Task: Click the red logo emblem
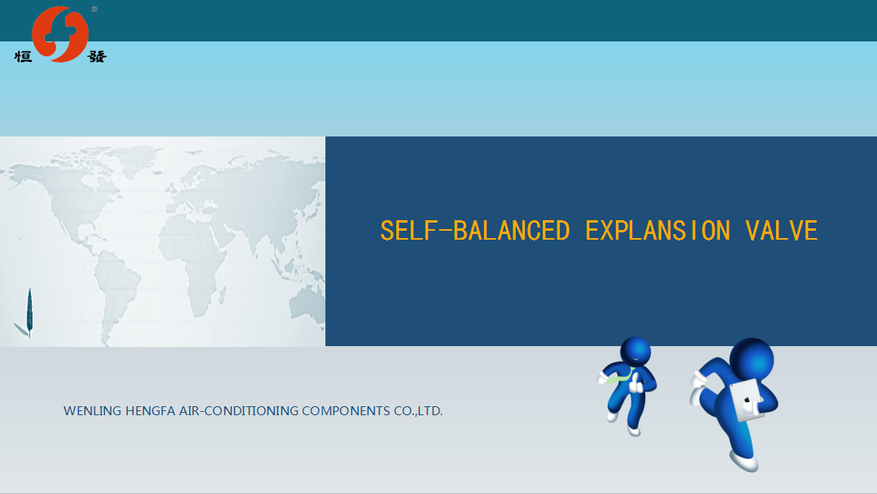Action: pyautogui.click(x=60, y=34)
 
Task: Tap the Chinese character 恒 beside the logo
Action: pyautogui.click(x=23, y=56)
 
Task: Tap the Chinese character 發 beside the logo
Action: pyautogui.click(x=97, y=56)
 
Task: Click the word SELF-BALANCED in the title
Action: pyautogui.click(x=475, y=231)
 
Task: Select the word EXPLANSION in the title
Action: pyautogui.click(x=657, y=231)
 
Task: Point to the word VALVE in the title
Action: pyautogui.click(x=781, y=231)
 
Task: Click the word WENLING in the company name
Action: pyautogui.click(x=92, y=411)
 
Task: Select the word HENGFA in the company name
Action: pyautogui.click(x=151, y=411)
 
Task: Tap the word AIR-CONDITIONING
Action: pyautogui.click(x=239, y=411)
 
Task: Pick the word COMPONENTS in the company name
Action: pyautogui.click(x=347, y=411)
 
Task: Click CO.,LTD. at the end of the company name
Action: pyautogui.click(x=418, y=411)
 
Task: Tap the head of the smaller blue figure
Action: pyautogui.click(x=635, y=351)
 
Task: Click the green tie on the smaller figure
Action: pyautogui.click(x=621, y=377)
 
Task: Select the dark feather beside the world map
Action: pyautogui.click(x=29, y=312)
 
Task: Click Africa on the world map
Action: pyautogui.click(x=193, y=262)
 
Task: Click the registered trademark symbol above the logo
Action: pyautogui.click(x=94, y=9)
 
